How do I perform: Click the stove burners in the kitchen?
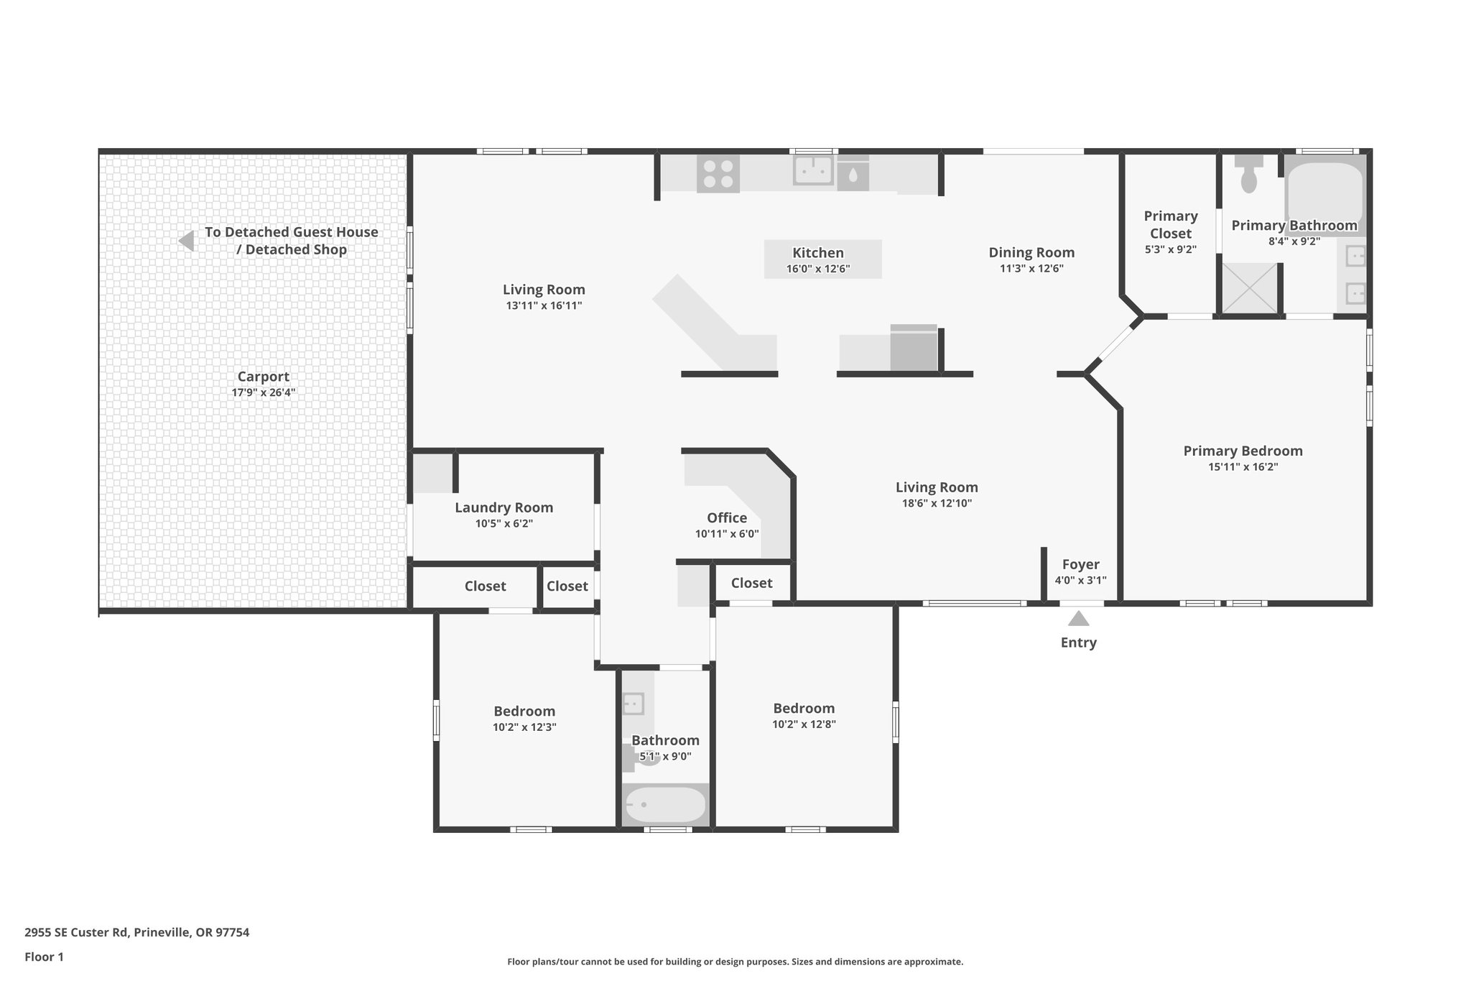(718, 174)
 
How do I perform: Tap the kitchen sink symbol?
(813, 172)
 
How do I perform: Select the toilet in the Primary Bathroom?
(1249, 175)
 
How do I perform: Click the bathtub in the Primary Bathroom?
(1324, 193)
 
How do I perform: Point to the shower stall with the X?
(1250, 288)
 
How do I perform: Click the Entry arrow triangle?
(1078, 619)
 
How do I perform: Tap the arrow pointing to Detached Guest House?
(187, 241)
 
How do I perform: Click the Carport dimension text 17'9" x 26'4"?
(264, 392)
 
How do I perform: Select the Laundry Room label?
(504, 507)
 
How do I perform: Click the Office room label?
(727, 517)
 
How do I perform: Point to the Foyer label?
(1080, 564)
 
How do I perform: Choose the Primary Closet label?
(1171, 224)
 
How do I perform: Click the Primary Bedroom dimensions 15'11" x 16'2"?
(1243, 466)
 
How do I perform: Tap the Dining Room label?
(1031, 252)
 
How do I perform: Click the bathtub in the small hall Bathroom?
(665, 806)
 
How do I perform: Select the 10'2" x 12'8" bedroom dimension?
(804, 724)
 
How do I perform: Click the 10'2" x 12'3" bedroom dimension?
(524, 727)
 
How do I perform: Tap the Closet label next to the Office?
(751, 583)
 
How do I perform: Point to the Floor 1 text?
(44, 957)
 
